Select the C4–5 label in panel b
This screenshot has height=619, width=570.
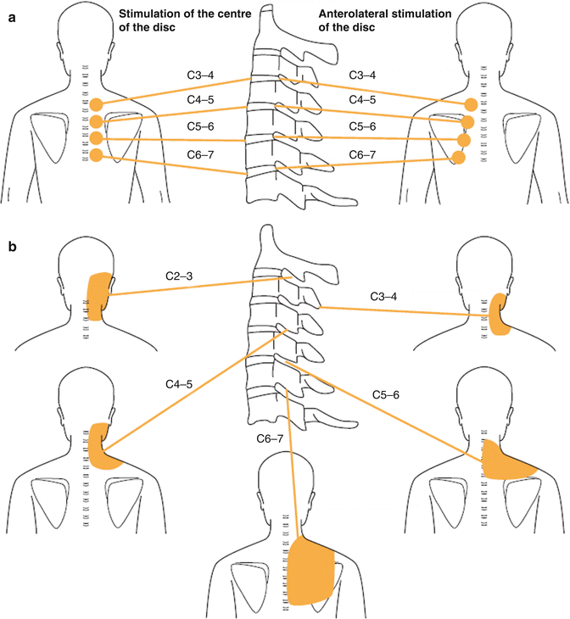(179, 384)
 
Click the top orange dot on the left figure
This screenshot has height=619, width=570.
(96, 106)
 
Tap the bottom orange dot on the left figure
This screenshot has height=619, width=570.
(96, 155)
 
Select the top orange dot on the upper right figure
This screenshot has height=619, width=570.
(470, 104)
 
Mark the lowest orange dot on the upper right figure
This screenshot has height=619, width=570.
(459, 158)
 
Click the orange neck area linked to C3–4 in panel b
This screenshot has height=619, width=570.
(500, 315)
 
